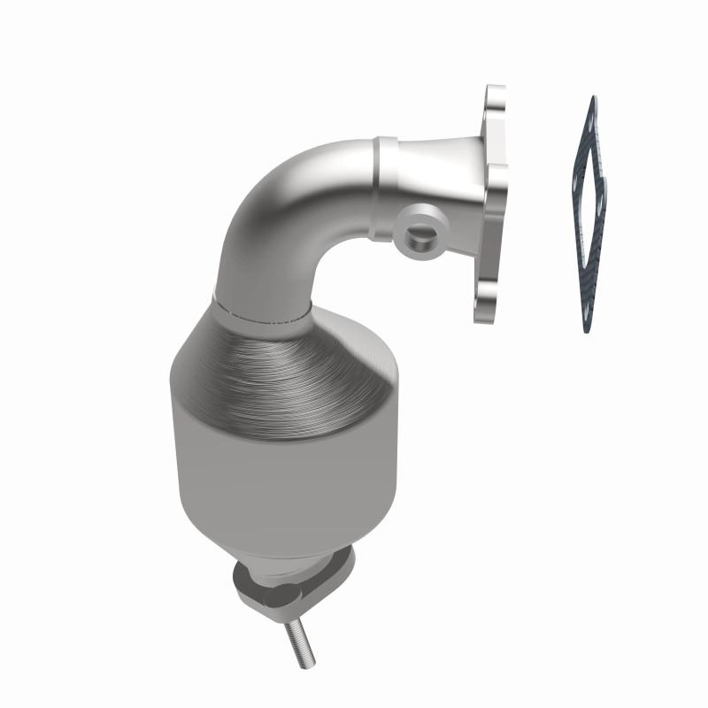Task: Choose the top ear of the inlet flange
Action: point(495,100)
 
